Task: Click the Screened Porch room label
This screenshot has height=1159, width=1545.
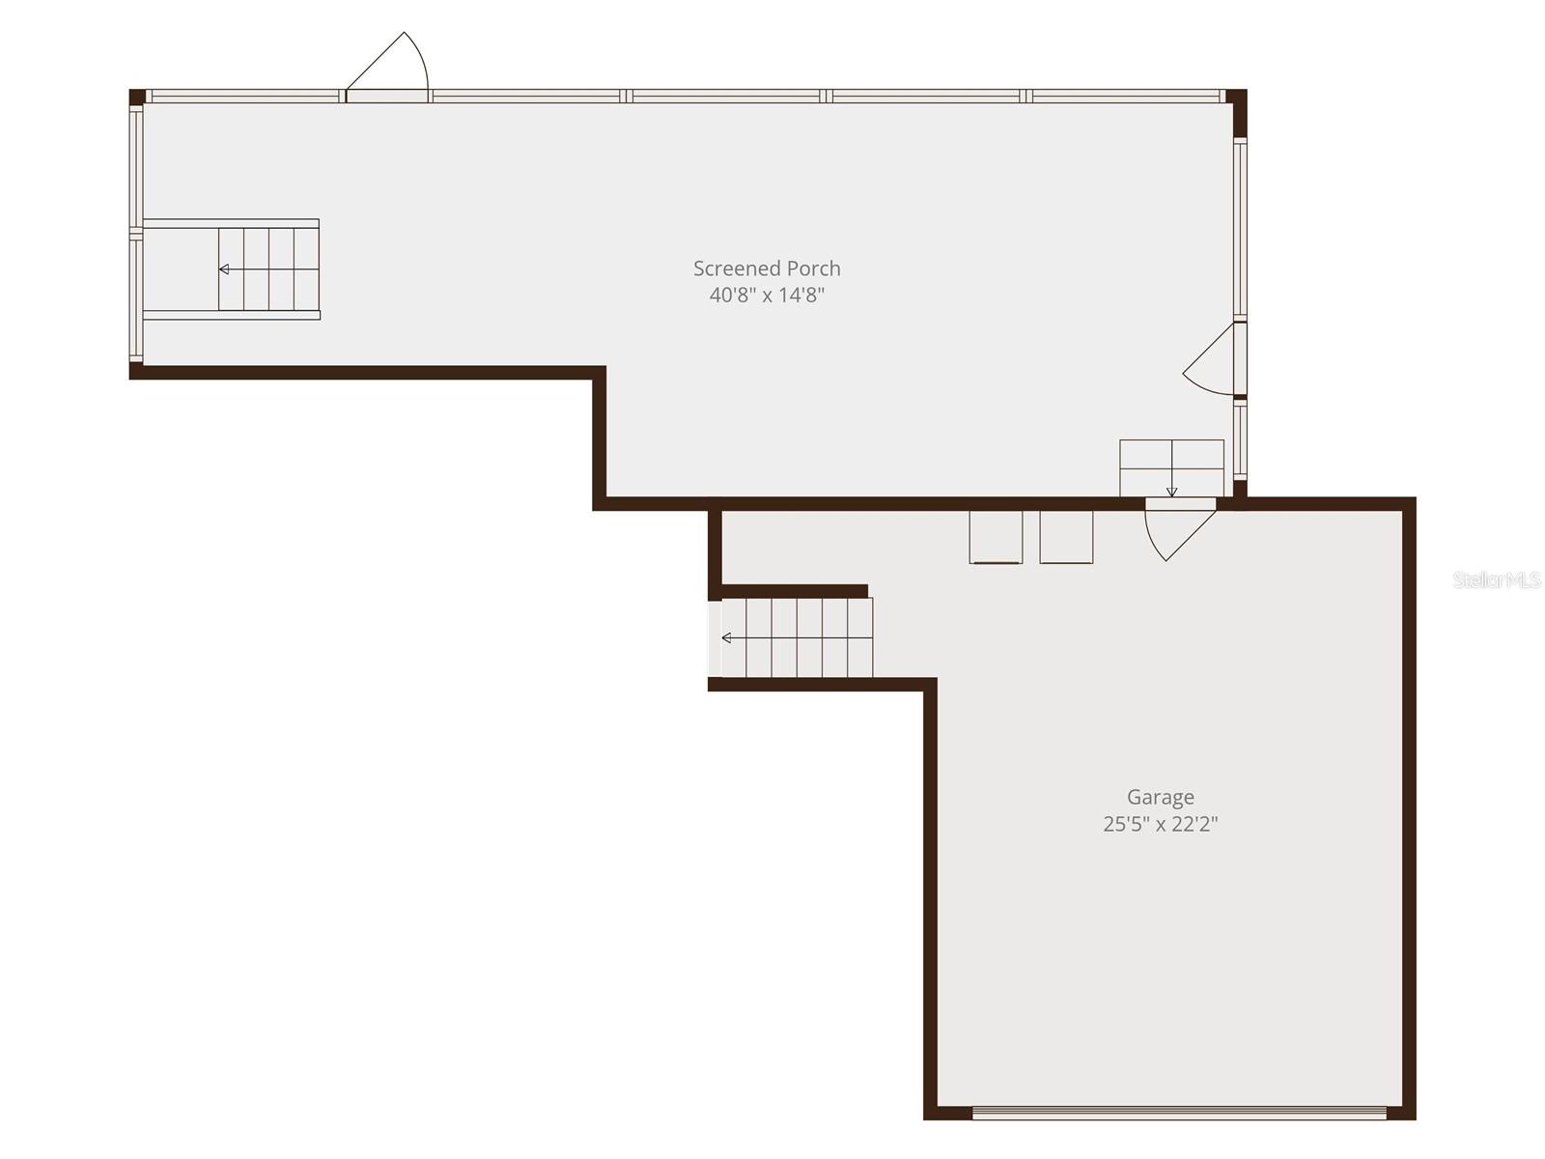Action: coord(767,269)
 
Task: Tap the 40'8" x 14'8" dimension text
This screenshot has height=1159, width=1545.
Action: coord(767,296)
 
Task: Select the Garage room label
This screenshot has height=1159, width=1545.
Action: coord(1160,797)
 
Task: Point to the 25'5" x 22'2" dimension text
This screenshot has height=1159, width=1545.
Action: coord(1160,824)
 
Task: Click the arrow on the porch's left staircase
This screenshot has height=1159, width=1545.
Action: coord(224,269)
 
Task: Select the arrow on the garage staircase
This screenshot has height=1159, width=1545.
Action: coord(727,638)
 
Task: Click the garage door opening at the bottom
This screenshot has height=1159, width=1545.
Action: coord(1179,1113)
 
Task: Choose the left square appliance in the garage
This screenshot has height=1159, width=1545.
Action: coord(996,537)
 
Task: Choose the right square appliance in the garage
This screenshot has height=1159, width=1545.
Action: coord(1066,537)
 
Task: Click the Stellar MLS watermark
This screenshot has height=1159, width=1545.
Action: coord(1496,580)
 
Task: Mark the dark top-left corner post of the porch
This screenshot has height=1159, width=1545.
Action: coord(137,97)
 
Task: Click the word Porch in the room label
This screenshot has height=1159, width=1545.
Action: coord(813,269)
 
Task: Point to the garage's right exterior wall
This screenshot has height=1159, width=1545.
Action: coord(1409,811)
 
